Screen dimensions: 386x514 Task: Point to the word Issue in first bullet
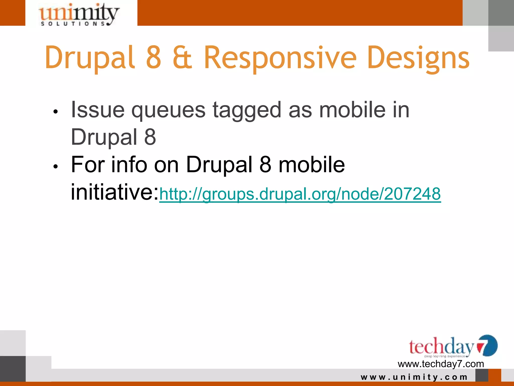(98, 110)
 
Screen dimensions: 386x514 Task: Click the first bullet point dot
(56, 112)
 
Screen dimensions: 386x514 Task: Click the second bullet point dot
(56, 166)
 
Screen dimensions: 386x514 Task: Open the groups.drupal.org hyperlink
(300, 194)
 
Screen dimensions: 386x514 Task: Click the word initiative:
(115, 192)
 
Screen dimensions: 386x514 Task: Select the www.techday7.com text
(441, 364)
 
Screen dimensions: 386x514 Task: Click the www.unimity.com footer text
(414, 377)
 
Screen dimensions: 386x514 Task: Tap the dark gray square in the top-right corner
(501, 13)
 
